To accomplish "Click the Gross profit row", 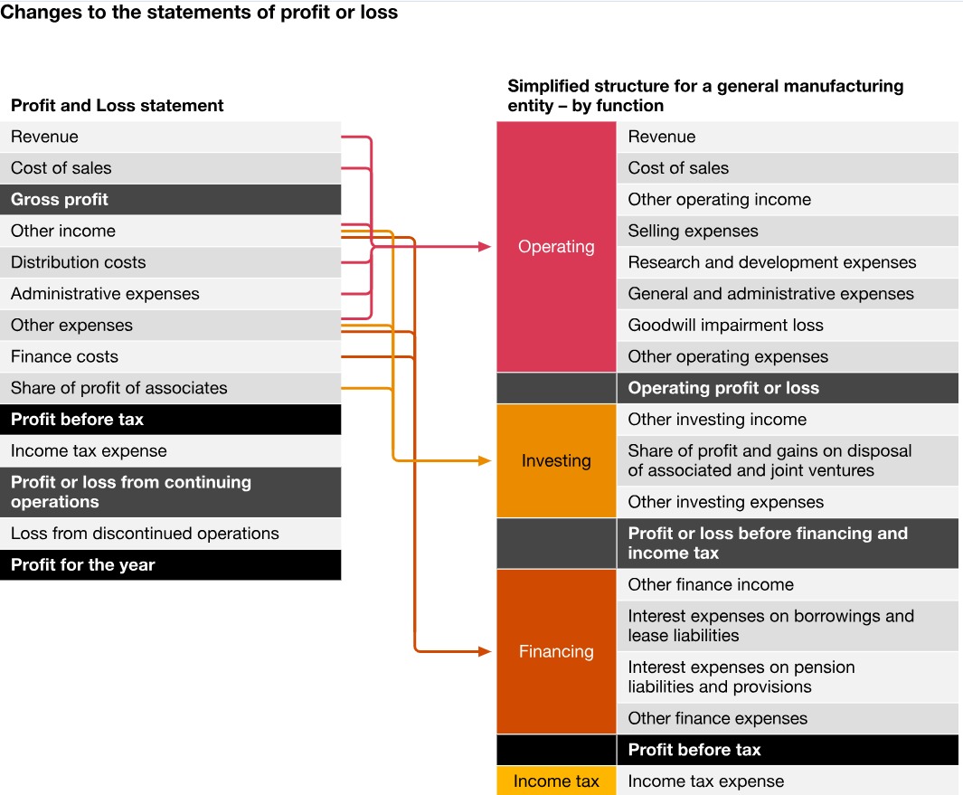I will click(170, 200).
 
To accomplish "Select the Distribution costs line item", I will click(170, 262).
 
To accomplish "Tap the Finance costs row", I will click(170, 356).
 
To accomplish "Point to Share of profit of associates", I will click(170, 388).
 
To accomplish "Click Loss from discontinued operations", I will click(170, 534).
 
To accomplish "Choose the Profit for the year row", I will click(170, 565).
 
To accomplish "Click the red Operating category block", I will click(556, 247).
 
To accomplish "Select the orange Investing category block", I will click(556, 460).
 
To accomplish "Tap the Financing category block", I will click(556, 651).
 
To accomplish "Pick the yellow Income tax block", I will click(556, 781).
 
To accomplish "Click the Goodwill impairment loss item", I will click(787, 326).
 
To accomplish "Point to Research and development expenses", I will click(787, 262).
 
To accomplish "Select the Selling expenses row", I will click(787, 232).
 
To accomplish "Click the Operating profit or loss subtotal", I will click(787, 388).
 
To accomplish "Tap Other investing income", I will click(787, 420).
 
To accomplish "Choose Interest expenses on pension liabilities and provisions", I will click(787, 677).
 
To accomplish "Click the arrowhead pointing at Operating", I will click(485, 247).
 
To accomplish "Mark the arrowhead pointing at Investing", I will click(485, 461).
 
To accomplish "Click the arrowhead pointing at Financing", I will click(485, 651).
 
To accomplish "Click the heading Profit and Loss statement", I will click(118, 106).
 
